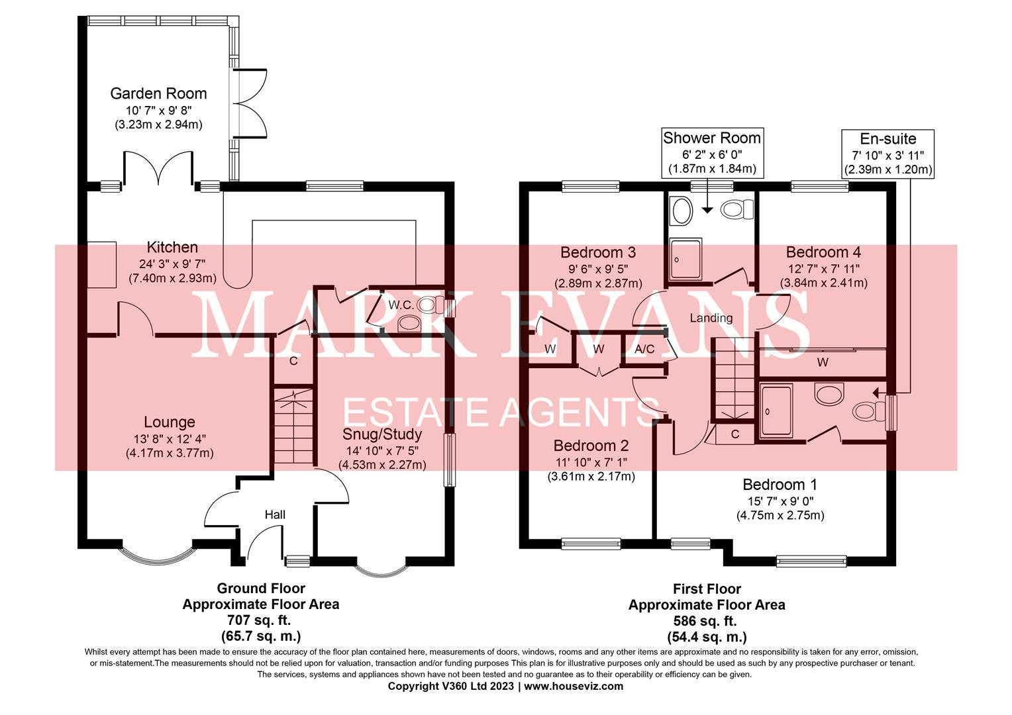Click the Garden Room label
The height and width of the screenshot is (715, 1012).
click(x=158, y=93)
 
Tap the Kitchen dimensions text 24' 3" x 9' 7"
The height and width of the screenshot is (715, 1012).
click(x=172, y=263)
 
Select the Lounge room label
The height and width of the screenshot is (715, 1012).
click(x=170, y=422)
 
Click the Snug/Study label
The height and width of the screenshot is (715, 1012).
click(x=382, y=434)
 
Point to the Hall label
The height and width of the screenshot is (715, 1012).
click(x=275, y=514)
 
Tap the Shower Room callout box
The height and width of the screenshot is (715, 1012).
click(x=712, y=153)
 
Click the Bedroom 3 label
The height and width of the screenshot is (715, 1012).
click(x=598, y=252)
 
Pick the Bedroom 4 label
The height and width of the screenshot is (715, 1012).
click(x=823, y=252)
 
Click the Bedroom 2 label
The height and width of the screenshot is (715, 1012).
click(x=591, y=446)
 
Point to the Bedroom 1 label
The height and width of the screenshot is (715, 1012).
click(x=780, y=485)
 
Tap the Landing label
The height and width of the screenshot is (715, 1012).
click(x=711, y=318)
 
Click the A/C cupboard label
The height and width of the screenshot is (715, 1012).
click(x=644, y=349)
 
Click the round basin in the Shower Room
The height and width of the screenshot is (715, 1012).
click(x=681, y=211)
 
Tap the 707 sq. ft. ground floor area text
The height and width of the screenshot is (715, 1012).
click(x=260, y=620)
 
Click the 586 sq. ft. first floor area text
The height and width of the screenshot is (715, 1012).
click(x=706, y=621)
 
